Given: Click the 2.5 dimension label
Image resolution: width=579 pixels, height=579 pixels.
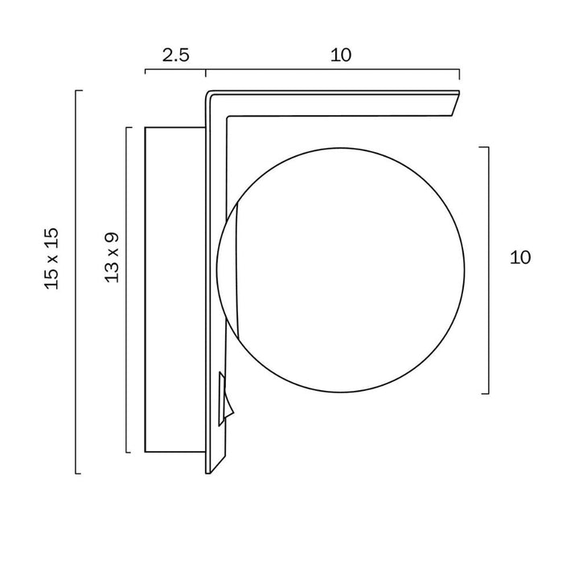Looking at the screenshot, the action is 176,55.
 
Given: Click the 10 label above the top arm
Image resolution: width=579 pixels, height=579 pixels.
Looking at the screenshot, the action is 341,55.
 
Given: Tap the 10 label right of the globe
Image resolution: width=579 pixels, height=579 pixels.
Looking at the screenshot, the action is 520,257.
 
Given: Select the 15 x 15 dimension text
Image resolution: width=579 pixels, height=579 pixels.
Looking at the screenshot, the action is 51,259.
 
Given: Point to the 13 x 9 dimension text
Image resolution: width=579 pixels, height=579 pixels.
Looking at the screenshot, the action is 113,258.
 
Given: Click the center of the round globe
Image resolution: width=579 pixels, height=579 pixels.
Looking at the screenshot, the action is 340,270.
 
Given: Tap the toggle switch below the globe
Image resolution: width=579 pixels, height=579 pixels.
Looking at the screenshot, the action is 226,399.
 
